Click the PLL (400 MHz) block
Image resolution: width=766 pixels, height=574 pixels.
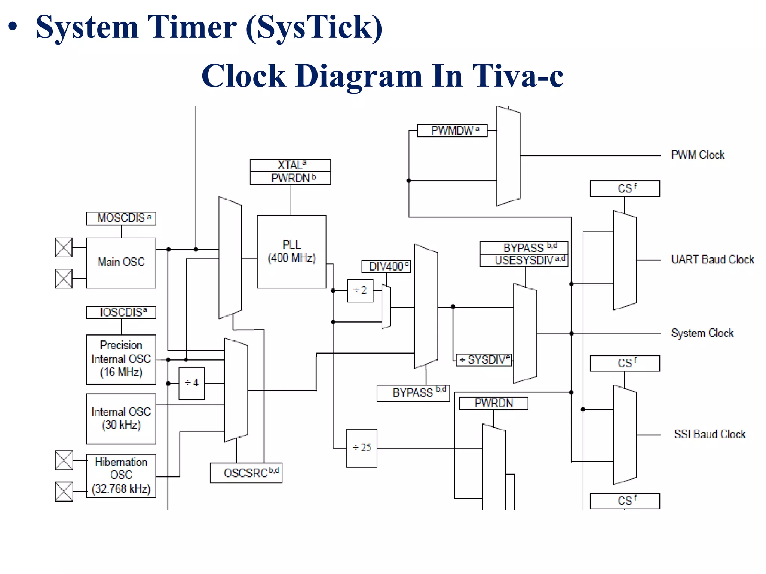pyautogui.click(x=291, y=251)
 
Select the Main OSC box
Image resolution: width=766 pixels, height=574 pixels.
pyautogui.click(x=121, y=263)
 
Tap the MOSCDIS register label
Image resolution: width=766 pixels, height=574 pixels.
pyautogui.click(x=121, y=218)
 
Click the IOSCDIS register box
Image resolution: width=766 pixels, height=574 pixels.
pyautogui.click(x=121, y=312)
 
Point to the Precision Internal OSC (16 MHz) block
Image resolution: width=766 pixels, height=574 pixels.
pyautogui.click(x=121, y=359)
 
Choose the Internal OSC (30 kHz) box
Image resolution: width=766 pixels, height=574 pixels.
pyautogui.click(x=121, y=419)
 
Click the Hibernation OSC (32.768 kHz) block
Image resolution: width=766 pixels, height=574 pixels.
pyautogui.click(x=121, y=476)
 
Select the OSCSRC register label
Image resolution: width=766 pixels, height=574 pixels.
pyautogui.click(x=246, y=473)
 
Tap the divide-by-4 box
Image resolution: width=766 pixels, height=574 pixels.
pyautogui.click(x=191, y=383)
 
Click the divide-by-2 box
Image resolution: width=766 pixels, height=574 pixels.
pyautogui.click(x=360, y=290)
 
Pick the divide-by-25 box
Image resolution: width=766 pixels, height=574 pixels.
pyautogui.click(x=362, y=448)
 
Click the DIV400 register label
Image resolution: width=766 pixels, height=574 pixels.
pyautogui.click(x=386, y=266)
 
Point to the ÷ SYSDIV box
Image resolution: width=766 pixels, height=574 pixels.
pyautogui.click(x=484, y=360)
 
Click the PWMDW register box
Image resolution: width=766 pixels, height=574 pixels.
pyautogui.click(x=452, y=131)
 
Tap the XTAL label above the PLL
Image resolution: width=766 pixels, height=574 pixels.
pyautogui.click(x=290, y=165)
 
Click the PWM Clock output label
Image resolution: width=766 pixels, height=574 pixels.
pyautogui.click(x=698, y=155)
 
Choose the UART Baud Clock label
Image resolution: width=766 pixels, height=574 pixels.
pyautogui.click(x=712, y=260)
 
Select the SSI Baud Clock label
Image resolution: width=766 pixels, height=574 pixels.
pyautogui.click(x=710, y=435)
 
